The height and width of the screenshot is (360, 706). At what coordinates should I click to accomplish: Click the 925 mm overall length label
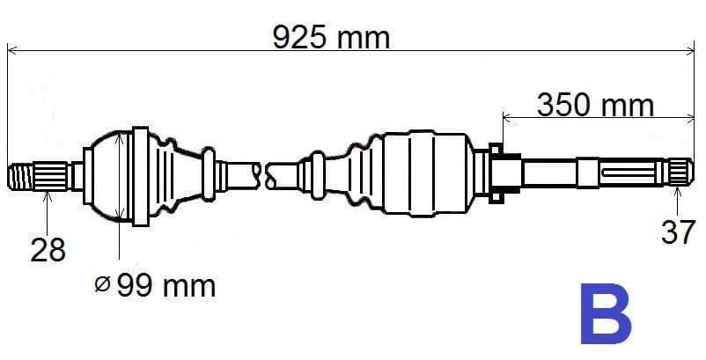(330, 37)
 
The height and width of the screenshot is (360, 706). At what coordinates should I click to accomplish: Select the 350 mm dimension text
(596, 106)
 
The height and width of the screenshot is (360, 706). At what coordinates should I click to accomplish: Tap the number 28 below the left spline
(48, 251)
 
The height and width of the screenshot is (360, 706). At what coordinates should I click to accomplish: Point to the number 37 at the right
(678, 233)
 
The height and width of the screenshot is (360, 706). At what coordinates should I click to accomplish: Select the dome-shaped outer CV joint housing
(110, 174)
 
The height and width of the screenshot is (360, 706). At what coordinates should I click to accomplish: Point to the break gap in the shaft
(264, 173)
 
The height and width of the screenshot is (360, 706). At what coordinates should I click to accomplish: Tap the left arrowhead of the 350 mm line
(506, 115)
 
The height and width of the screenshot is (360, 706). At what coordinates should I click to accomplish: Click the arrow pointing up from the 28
(48, 195)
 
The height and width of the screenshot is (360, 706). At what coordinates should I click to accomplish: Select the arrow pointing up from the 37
(677, 191)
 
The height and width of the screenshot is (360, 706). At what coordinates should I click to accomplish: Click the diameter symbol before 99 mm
(101, 283)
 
